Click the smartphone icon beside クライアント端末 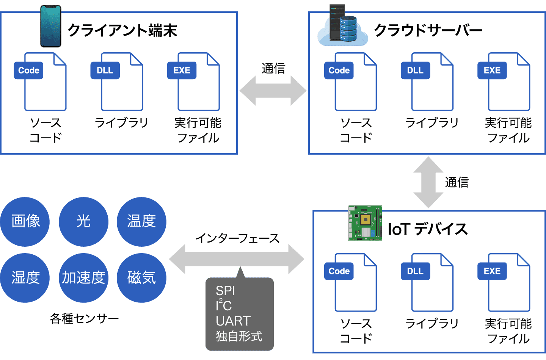coord(51,26)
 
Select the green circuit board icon coord(365,223)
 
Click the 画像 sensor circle coord(25,221)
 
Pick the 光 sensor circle coord(83,221)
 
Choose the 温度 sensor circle coord(141,221)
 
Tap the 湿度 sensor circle coord(25,278)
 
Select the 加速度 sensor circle coord(83,278)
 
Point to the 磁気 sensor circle coord(141,278)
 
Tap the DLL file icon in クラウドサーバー coord(428,82)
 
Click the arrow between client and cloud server coord(273,90)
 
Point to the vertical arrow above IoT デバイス coord(428,182)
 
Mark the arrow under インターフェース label coord(237,259)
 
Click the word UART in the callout coord(233,321)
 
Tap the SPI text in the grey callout coord(225,291)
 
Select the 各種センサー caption coord(84,319)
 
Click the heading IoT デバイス coord(428,229)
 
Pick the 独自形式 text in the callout coord(239,336)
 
